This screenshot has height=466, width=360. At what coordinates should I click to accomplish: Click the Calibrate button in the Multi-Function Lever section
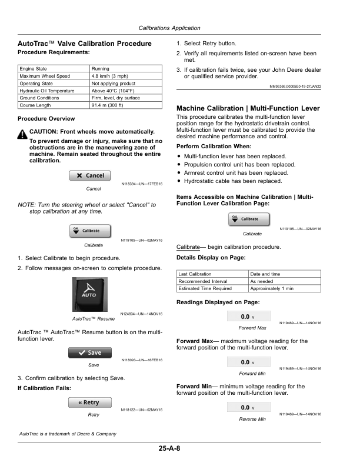[x=249, y=219]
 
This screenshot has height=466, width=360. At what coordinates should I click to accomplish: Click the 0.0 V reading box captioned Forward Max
[x=248, y=317]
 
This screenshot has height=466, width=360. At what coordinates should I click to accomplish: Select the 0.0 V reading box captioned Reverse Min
[x=248, y=407]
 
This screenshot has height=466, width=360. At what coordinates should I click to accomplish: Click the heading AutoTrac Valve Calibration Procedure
[x=85, y=44]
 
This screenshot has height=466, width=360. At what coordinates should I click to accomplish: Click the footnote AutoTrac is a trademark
[x=68, y=434]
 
